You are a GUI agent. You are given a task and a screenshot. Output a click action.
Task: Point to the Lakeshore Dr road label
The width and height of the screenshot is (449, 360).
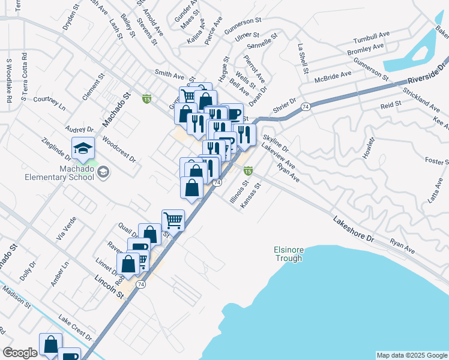pyautogui.click(x=354, y=229)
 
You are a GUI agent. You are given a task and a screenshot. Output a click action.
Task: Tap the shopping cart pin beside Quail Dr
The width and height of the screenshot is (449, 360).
pyautogui.click(x=173, y=220)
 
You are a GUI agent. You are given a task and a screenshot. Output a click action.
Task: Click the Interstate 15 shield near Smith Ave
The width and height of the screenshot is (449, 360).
pyautogui.click(x=146, y=98)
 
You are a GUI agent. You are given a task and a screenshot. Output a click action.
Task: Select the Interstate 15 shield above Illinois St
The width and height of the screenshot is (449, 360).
pyautogui.click(x=247, y=170)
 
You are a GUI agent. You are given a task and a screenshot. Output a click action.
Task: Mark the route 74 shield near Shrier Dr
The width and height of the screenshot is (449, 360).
pyautogui.click(x=306, y=106)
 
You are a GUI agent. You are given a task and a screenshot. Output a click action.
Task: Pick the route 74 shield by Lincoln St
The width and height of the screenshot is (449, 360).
pyautogui.click(x=140, y=286)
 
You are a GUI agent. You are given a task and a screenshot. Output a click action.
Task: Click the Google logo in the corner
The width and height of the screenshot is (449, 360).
pyautogui.click(x=20, y=353)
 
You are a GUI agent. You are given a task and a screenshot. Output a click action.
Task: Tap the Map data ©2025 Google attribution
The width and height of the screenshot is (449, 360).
pyautogui.click(x=411, y=355)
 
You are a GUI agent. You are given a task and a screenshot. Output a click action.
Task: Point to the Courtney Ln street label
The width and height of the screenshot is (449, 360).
pyautogui.click(x=49, y=102)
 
